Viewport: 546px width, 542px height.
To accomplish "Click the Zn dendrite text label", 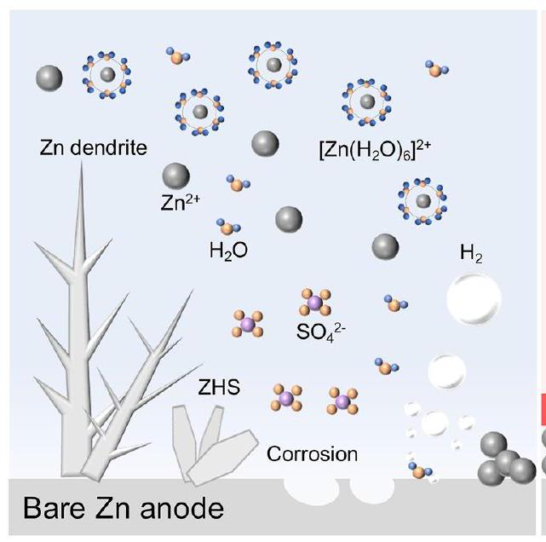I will [x=93, y=148].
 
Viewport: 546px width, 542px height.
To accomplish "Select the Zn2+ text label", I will [x=179, y=205].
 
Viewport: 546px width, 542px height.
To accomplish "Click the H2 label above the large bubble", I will [x=470, y=254].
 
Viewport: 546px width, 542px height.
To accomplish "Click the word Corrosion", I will [x=313, y=453].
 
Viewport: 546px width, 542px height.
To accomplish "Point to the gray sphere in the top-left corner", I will [x=49, y=78].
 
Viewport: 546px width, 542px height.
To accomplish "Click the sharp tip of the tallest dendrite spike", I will [x=82, y=164].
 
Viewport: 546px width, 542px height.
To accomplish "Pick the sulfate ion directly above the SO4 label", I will [x=313, y=302].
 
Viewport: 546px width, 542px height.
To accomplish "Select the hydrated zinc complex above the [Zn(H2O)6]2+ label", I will [x=367, y=102].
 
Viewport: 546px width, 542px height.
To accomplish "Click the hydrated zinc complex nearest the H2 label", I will [x=423, y=201].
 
